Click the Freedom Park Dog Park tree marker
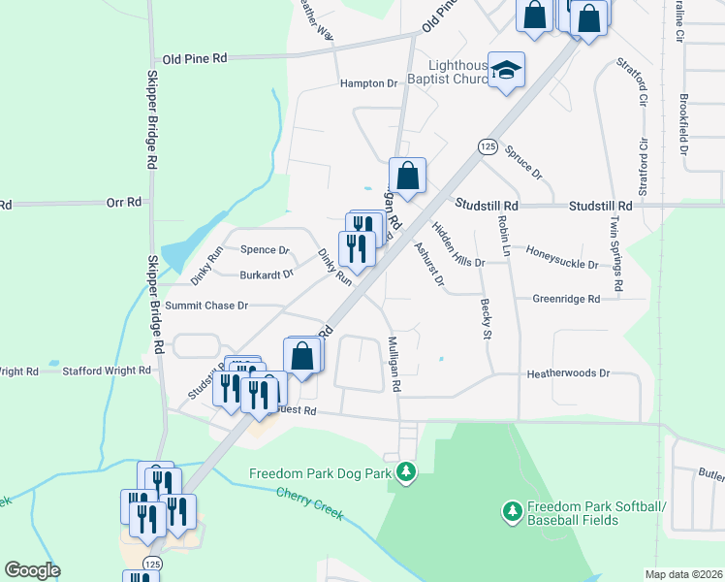407,473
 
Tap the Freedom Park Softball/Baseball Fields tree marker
513,509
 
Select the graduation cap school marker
506,70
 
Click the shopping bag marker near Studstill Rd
408,177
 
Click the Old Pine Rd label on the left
195,58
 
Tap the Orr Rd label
124,203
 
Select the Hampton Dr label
369,83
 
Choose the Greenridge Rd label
566,299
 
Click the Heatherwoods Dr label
568,372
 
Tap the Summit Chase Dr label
206,306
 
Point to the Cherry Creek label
310,503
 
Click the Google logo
33,569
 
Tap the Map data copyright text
682,574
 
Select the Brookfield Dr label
683,124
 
